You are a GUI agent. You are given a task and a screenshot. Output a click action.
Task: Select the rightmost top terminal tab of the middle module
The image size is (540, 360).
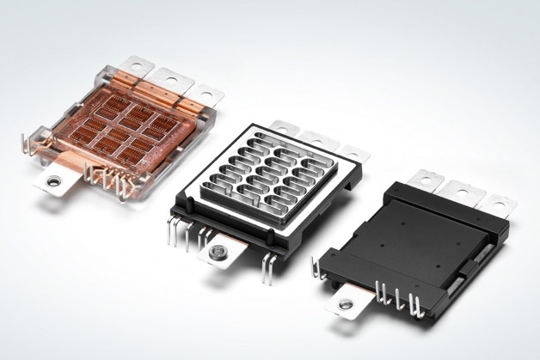[x=351, y=154]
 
